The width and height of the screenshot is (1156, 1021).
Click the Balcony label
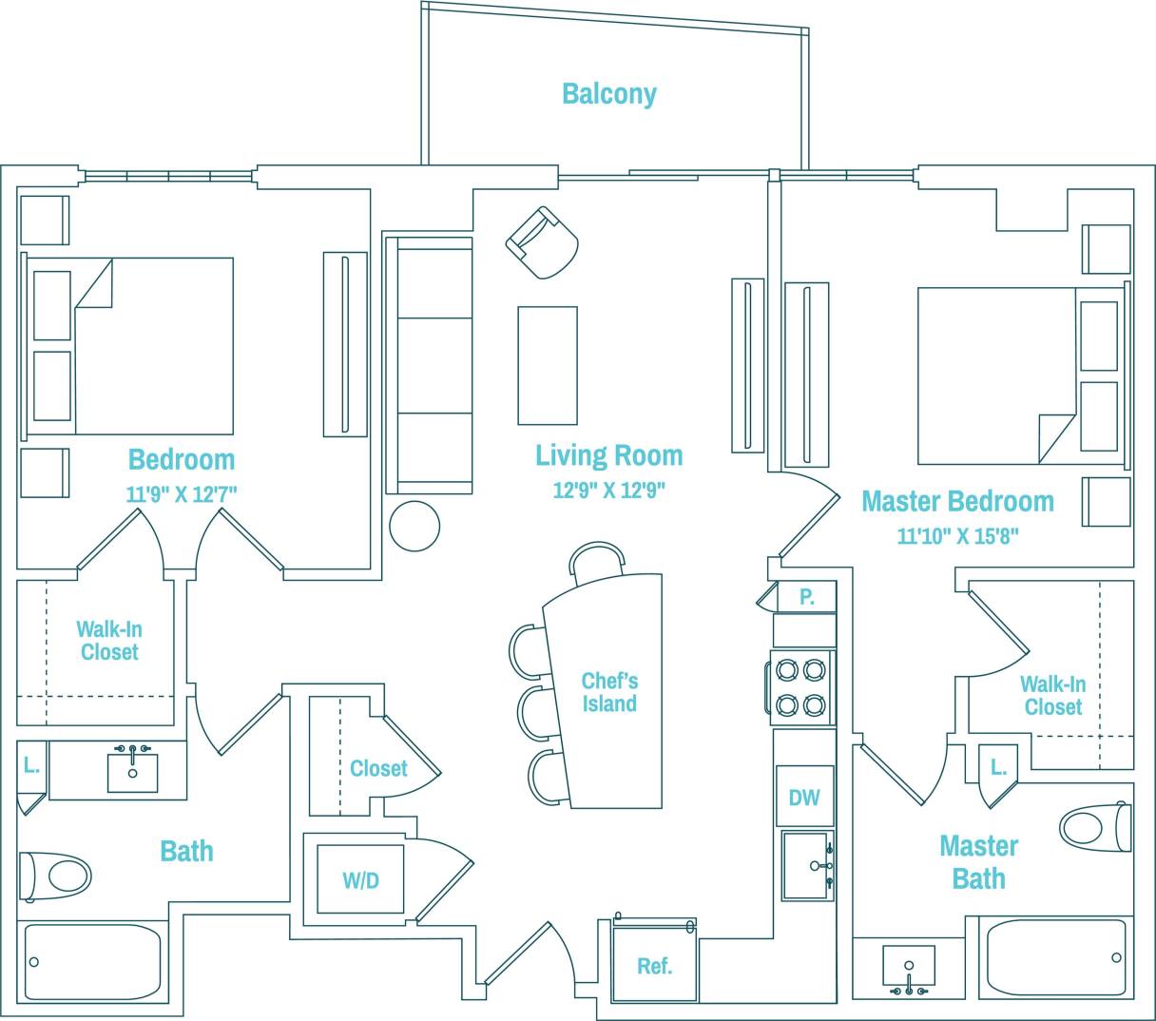point(608,93)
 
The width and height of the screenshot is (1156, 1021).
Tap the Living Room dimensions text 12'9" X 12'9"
point(608,491)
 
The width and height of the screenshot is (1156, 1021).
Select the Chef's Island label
point(609,692)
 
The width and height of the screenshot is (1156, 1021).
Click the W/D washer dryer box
point(360,880)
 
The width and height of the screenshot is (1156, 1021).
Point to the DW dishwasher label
point(803,798)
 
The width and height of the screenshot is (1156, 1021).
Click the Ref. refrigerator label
point(654,966)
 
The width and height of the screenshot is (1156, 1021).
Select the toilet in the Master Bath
point(1094,827)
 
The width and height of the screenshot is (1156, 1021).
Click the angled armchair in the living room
point(543,242)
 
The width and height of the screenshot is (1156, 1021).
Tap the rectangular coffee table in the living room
point(547,365)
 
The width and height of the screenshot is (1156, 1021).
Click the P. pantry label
point(806,597)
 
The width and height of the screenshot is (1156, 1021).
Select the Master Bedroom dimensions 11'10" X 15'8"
point(957,536)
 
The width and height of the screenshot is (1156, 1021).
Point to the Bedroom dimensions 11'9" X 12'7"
point(181,494)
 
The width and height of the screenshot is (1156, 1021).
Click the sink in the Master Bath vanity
point(908,967)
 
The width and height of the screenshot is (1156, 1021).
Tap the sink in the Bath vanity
point(132,770)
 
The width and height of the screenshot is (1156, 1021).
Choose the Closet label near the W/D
point(377,768)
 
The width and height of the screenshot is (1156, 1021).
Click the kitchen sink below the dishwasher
point(806,865)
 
